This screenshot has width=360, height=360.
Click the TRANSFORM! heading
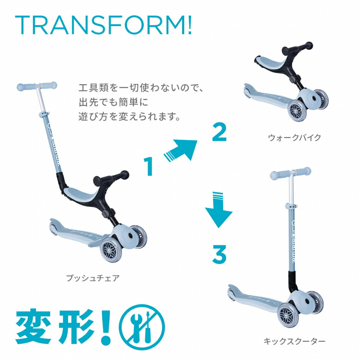103,25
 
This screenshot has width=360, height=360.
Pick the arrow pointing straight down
218,210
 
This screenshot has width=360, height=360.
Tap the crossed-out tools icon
142,327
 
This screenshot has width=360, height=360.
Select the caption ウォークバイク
294,138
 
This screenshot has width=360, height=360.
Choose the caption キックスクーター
294,341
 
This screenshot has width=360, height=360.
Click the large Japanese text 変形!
63,327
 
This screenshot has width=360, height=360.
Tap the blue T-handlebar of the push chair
37,86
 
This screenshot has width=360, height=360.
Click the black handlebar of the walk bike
297,48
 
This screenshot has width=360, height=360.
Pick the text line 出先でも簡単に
114,102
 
